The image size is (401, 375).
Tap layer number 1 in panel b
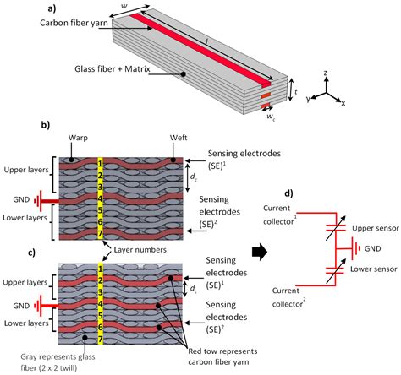(100, 162)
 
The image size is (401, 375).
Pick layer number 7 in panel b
(100, 231)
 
